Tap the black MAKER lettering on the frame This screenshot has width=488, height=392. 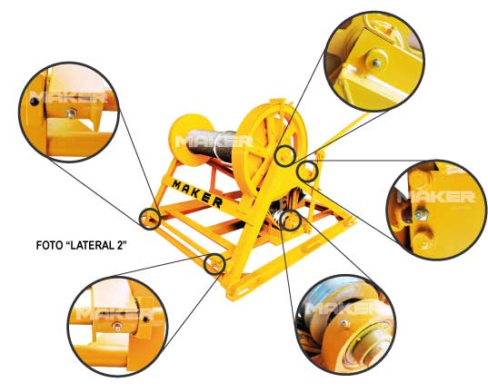197,193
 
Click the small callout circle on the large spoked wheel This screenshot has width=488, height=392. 284,155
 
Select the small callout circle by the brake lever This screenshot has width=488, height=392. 307,171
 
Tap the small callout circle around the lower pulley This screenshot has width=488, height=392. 291,220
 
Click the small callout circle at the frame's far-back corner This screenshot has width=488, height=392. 150,219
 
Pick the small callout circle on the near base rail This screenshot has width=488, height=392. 214,264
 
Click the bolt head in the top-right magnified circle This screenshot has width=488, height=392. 376,63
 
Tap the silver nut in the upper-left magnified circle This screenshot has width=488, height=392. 71,113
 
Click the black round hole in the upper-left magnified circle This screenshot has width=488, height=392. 34,102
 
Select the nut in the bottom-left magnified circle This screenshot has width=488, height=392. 117,327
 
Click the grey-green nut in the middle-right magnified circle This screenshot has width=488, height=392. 421,214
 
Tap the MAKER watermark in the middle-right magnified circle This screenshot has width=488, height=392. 436,197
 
